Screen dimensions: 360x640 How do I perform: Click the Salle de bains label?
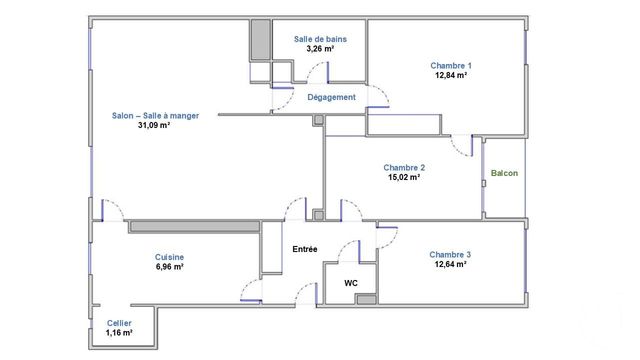tap(320, 38)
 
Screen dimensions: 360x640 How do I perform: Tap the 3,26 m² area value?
tap(320, 48)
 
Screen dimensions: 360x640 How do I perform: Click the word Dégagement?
tap(332, 97)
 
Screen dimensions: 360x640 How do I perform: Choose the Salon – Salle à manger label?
tap(155, 115)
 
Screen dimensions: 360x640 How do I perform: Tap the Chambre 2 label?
tap(405, 167)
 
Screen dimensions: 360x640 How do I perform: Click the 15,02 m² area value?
tap(405, 177)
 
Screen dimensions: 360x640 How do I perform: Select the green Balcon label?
tap(504, 174)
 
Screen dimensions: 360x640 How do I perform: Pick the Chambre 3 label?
tap(451, 254)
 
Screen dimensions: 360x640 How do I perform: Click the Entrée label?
tap(305, 248)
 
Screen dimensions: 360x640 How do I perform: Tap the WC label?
tap(351, 283)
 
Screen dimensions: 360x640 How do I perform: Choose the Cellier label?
tap(119, 322)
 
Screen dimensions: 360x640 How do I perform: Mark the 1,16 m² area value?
tap(119, 331)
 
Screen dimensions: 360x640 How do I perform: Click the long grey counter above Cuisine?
tap(193, 226)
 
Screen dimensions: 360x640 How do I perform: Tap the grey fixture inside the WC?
tap(366, 298)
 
